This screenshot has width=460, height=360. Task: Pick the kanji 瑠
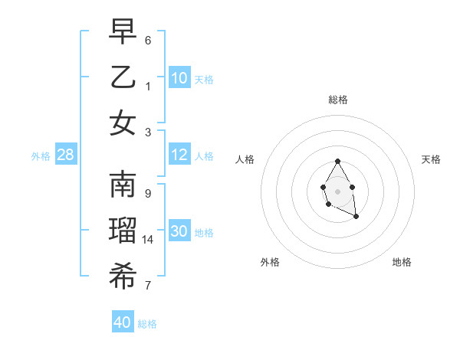[123, 231]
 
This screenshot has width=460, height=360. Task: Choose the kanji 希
[123, 277]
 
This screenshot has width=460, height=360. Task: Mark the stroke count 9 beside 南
[147, 193]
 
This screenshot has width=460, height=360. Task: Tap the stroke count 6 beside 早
[147, 40]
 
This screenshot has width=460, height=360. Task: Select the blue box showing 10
[179, 78]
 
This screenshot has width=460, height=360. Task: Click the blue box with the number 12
[179, 155]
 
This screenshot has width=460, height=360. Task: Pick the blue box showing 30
[179, 231]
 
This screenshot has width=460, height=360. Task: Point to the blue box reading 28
[66, 155]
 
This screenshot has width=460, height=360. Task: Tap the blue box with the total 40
[123, 322]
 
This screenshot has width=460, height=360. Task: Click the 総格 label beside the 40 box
[147, 324]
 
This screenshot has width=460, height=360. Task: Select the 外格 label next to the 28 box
[41, 156]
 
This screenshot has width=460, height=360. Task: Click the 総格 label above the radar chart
[337, 100]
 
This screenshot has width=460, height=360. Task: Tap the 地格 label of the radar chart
[402, 262]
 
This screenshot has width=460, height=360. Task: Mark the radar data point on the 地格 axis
[356, 218]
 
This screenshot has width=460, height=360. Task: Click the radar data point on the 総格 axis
[337, 162]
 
